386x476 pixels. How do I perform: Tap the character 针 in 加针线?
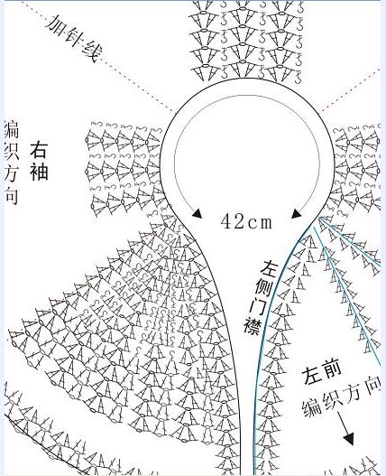[x=73, y=38]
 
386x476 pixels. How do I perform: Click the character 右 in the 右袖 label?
[x=39, y=150]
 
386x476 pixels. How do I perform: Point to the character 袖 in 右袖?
[x=39, y=171]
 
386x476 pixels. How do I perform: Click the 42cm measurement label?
[x=246, y=221]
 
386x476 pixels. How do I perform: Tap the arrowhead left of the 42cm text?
[x=198, y=213]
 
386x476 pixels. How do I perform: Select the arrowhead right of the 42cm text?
[x=296, y=213]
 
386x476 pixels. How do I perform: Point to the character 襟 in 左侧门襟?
[x=253, y=326]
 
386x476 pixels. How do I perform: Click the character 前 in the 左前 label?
[x=331, y=369]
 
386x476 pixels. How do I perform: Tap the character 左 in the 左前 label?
[x=312, y=377]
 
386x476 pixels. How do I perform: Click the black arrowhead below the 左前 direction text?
[x=348, y=438]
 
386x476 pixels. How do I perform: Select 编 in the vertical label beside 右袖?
[x=12, y=129]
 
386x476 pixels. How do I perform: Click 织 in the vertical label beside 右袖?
[x=12, y=151]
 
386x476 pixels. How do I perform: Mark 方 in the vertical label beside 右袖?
[x=12, y=173]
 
